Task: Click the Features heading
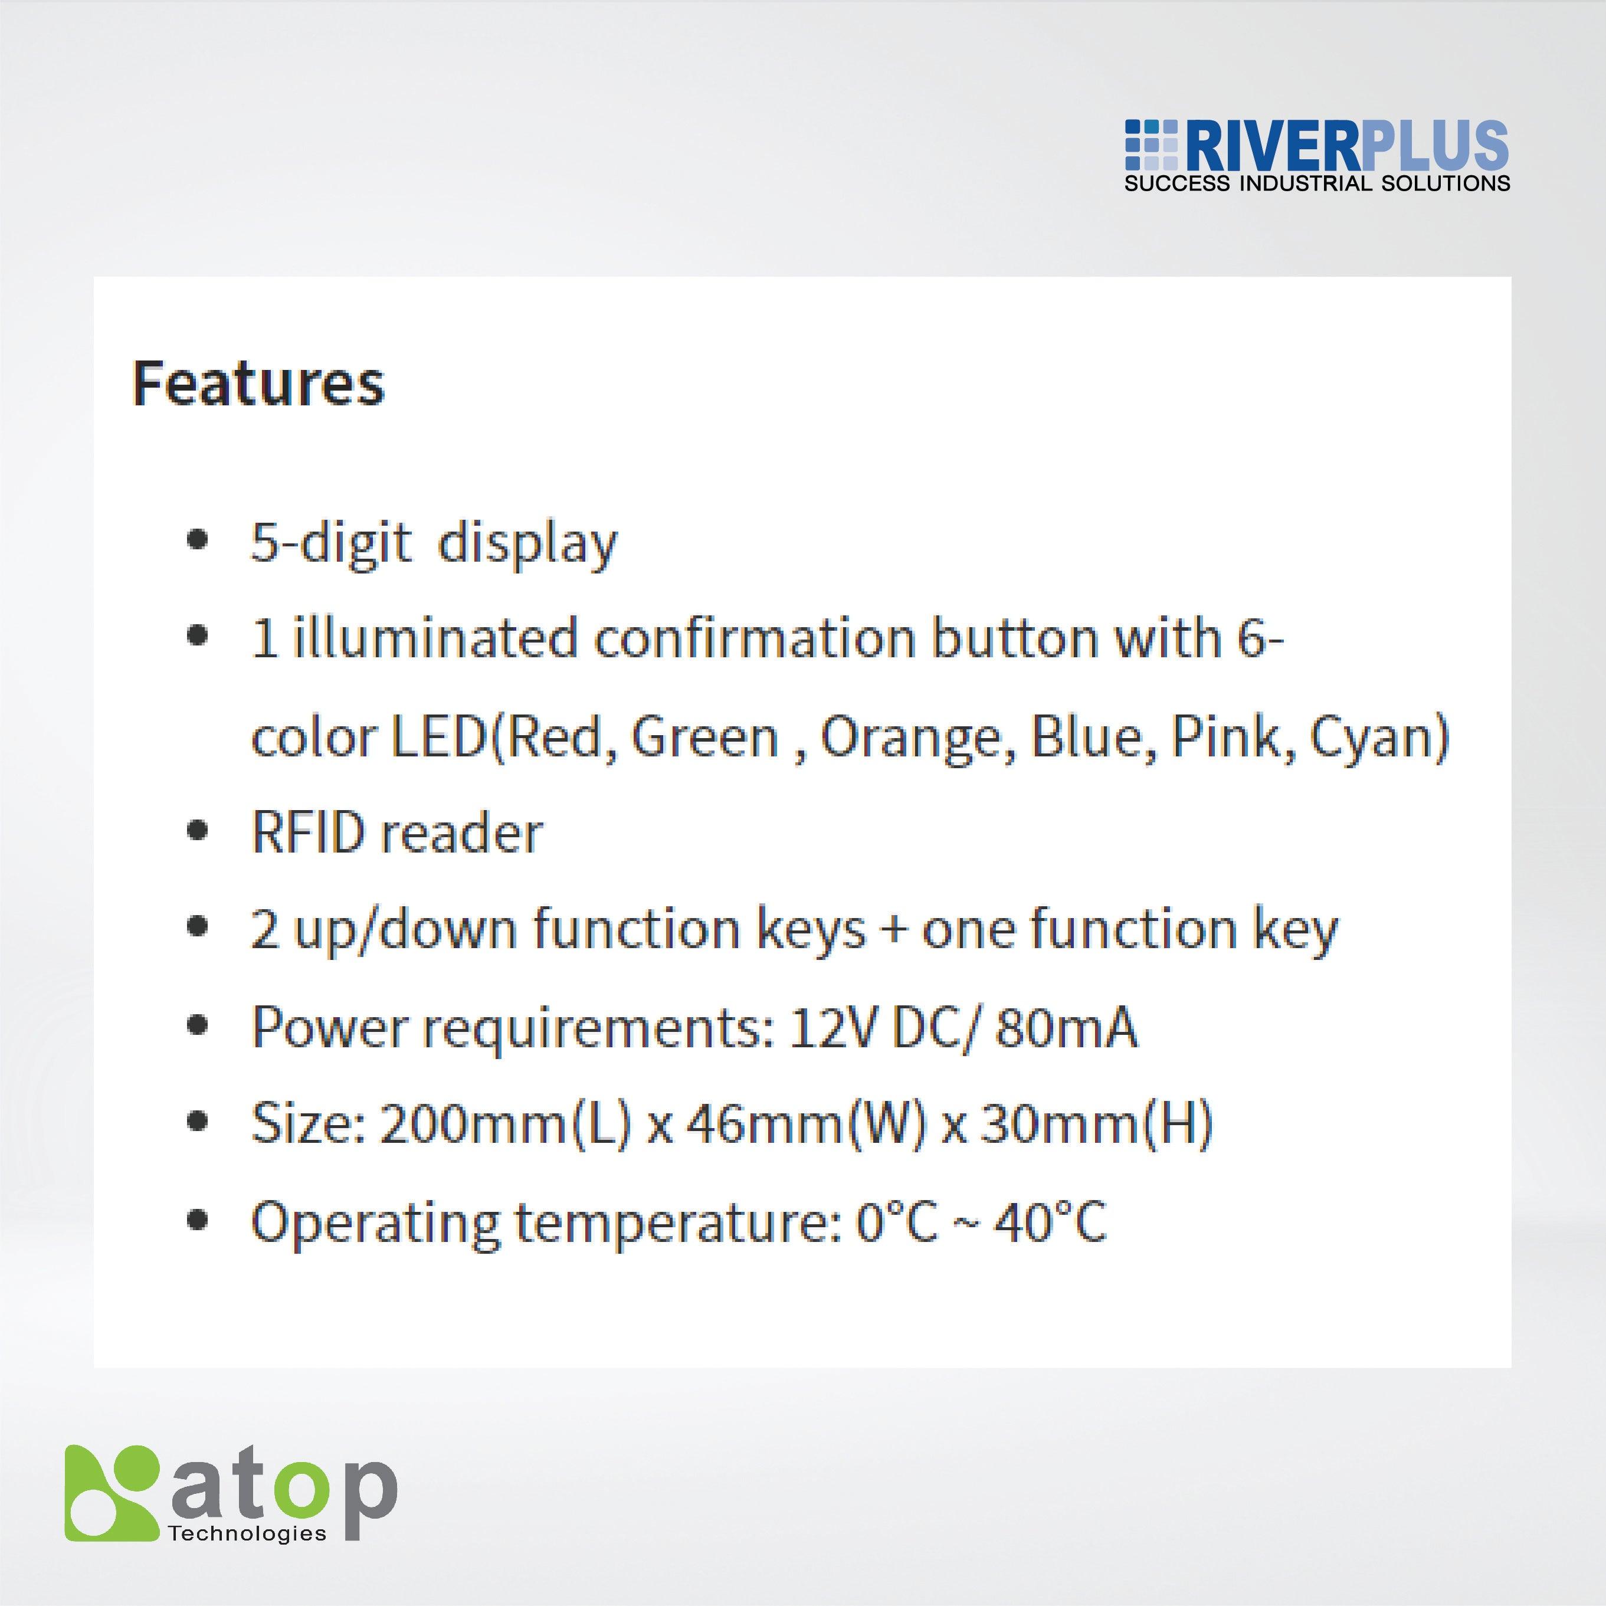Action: click(x=258, y=384)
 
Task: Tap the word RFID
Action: click(x=307, y=834)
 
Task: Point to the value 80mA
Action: click(x=1066, y=1028)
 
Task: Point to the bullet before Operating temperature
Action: click(x=197, y=1220)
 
